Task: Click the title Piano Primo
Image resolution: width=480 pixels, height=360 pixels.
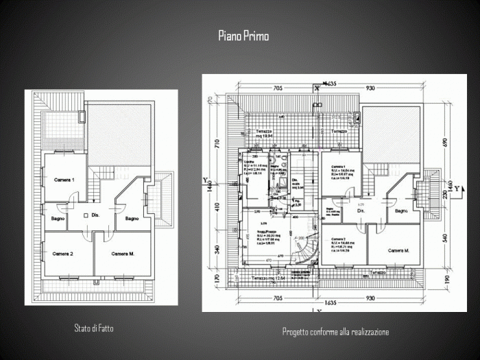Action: (243, 36)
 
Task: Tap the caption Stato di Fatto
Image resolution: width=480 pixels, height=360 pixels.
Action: (94, 328)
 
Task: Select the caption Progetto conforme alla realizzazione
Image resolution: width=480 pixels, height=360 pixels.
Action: (335, 332)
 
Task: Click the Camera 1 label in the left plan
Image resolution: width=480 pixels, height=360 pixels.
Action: (64, 180)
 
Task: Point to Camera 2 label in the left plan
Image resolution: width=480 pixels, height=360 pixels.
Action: (62, 254)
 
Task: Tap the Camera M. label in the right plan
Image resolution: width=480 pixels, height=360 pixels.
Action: (398, 250)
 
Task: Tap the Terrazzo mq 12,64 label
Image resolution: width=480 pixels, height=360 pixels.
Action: (265, 278)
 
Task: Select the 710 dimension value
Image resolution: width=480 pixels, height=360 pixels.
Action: (217, 144)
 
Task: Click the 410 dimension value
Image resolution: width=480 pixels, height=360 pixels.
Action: (217, 206)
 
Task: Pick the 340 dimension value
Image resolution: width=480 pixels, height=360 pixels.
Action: (217, 248)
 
